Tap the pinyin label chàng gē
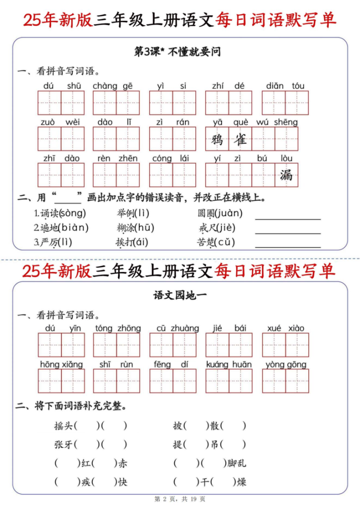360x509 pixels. [x=113, y=86]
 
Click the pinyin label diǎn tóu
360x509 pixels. [x=285, y=86]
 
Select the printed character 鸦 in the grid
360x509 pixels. [x=217, y=139]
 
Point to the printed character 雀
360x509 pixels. [x=241, y=139]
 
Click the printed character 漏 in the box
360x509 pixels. [x=286, y=175]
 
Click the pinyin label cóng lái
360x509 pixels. [x=169, y=159]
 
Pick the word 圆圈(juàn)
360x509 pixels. [x=220, y=214]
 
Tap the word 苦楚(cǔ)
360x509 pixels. [x=216, y=243]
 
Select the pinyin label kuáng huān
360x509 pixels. [x=229, y=364]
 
